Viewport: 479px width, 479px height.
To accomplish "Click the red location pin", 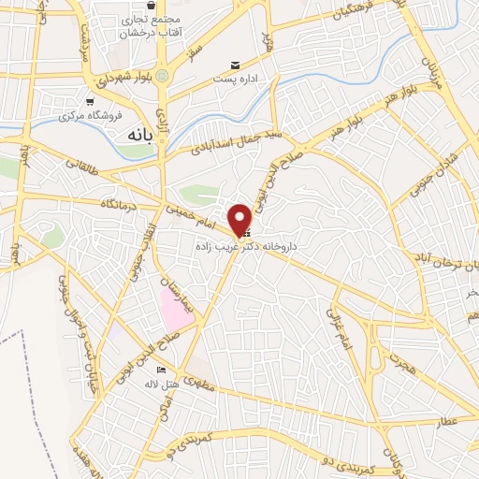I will pos(240,218).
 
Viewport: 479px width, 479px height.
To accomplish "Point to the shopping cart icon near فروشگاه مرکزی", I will pos(89,103).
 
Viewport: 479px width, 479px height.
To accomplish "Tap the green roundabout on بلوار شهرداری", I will pos(163,76).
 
